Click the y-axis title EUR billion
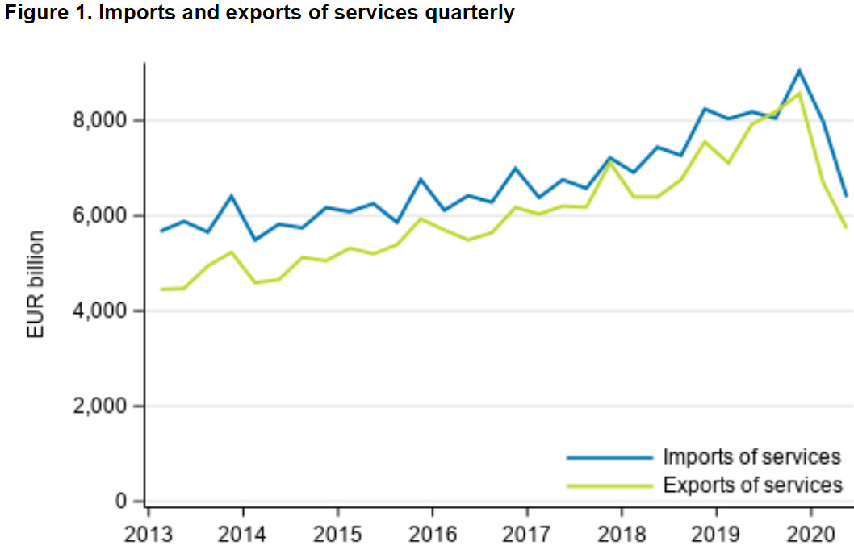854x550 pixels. click(x=36, y=285)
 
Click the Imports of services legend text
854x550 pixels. click(x=752, y=457)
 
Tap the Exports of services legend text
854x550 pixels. click(x=752, y=485)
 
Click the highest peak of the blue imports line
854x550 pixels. click(x=798, y=70)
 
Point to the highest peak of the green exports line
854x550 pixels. click(x=798, y=94)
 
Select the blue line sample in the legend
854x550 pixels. click(x=609, y=457)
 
